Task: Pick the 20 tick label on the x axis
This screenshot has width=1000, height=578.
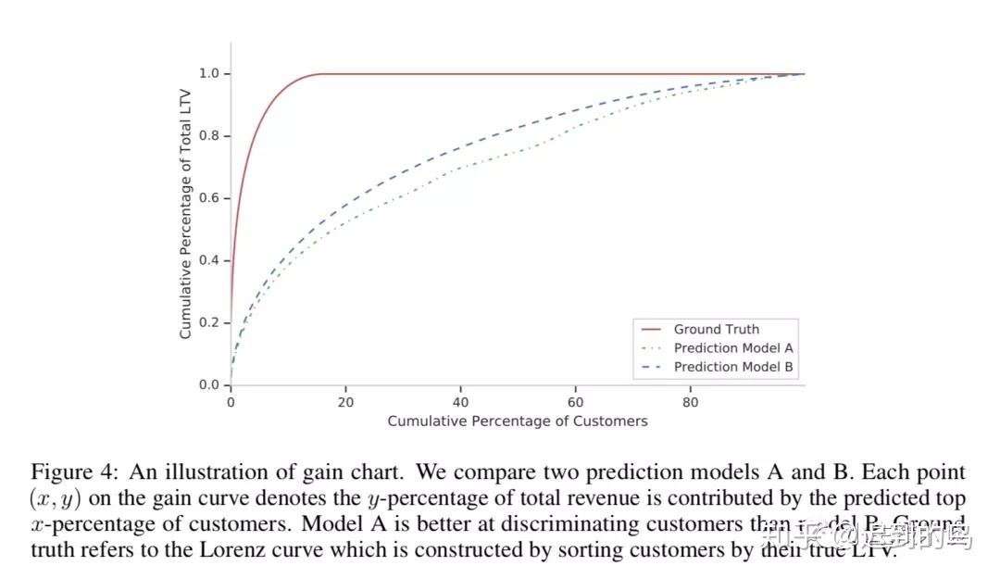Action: tap(345, 402)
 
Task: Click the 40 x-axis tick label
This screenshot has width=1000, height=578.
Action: tap(460, 402)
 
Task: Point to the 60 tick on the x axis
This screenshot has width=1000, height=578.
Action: tap(575, 402)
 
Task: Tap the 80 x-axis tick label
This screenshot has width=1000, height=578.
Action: tap(690, 402)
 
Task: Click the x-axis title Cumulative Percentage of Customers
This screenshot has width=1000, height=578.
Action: tap(517, 421)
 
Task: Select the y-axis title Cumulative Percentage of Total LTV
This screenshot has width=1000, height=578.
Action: tap(186, 230)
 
